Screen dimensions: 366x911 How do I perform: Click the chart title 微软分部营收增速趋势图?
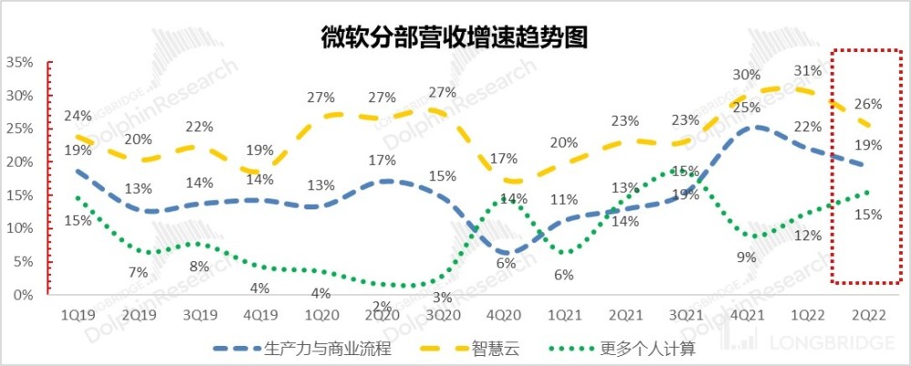pyautogui.click(x=454, y=37)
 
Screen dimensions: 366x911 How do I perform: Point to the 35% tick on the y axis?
pyautogui.click(x=19, y=63)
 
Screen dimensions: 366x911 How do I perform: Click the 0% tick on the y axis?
pyautogui.click(x=23, y=295)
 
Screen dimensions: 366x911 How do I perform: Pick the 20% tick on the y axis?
pyautogui.click(x=19, y=162)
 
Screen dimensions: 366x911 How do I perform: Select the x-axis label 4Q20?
pyautogui.click(x=506, y=314)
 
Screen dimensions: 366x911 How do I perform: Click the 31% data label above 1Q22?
pyautogui.click(x=808, y=70)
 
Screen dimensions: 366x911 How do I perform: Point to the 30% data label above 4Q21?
pyautogui.click(x=746, y=75)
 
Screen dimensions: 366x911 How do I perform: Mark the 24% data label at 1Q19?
pyautogui.click(x=77, y=116)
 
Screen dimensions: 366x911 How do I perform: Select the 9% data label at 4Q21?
pyautogui.click(x=747, y=257)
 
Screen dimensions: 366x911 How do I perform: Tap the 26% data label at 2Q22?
pyautogui.click(x=868, y=103)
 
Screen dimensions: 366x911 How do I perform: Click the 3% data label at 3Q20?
pyautogui.click(x=443, y=297)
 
